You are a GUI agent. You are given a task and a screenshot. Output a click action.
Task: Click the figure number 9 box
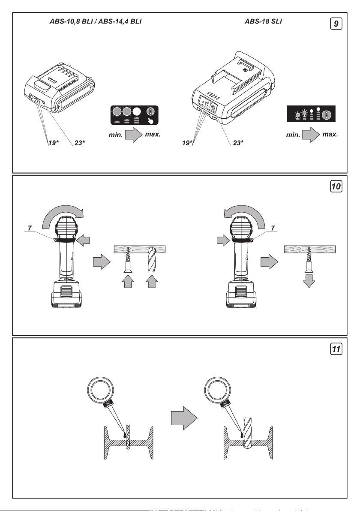(x=337, y=24)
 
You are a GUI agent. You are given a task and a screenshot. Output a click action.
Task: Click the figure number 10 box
(x=337, y=187)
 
